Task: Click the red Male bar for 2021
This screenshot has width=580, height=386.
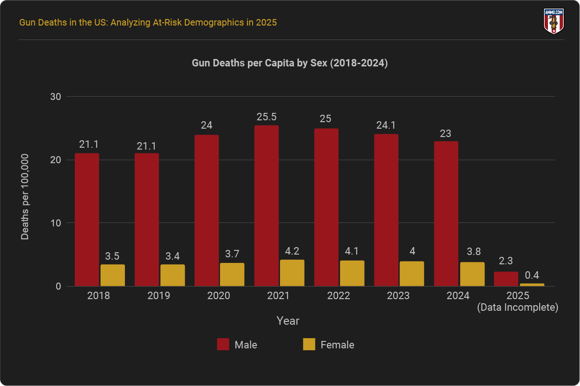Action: coord(267,206)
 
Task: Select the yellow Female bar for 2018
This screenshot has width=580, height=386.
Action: coord(113,275)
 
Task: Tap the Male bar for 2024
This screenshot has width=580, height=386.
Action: coord(446,214)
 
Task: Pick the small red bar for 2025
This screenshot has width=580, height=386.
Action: coord(506,279)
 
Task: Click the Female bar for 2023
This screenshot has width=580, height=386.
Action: coord(412,274)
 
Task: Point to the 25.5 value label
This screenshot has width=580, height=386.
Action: coord(267,117)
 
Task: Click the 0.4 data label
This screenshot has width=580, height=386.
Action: coord(532,275)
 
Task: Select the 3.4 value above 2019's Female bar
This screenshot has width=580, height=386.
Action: coord(173,256)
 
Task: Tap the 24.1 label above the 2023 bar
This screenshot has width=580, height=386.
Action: coord(386,125)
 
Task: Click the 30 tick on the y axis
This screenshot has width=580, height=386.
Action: coord(56,97)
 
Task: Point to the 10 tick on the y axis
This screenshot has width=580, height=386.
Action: coord(56,223)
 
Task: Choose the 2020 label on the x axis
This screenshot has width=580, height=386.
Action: coord(219,296)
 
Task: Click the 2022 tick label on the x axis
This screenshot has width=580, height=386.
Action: coord(339,296)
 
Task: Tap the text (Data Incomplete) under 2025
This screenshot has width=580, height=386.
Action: coord(517,307)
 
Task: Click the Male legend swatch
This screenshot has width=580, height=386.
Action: coord(223,345)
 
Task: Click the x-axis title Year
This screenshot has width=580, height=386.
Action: coord(288,321)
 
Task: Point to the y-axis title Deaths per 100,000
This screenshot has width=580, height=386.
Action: coord(25,197)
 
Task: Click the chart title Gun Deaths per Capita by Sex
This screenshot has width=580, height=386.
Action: coord(290,64)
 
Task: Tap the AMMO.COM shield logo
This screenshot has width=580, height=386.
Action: coord(554,21)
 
